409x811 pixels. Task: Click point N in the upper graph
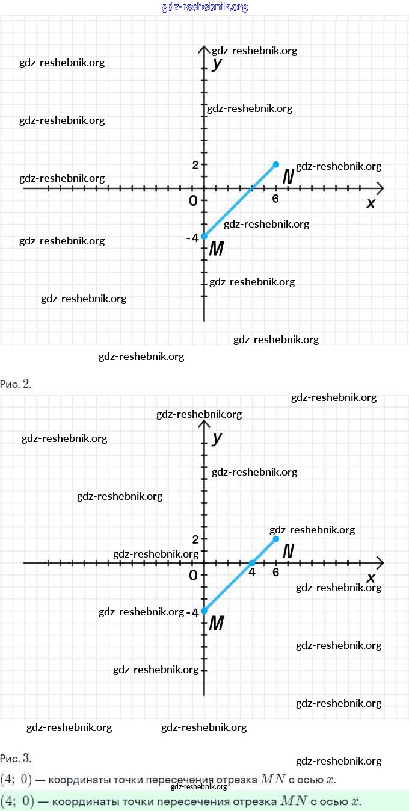[x=276, y=164]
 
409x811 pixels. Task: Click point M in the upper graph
[x=204, y=236]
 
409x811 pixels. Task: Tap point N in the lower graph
[x=276, y=539]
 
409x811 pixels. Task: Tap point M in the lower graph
[x=204, y=611]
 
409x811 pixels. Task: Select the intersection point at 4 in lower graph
[x=252, y=563]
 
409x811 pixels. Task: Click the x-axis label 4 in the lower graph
[x=252, y=573]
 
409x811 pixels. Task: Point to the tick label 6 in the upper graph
[x=275, y=199]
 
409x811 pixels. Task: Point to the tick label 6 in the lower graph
[x=275, y=573]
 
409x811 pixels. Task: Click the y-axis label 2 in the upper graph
[x=195, y=165]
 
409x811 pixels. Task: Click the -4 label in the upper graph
[x=192, y=238]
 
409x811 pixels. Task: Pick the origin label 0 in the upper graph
[x=193, y=201]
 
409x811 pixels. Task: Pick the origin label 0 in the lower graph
[x=193, y=576]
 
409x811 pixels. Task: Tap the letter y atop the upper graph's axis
[x=218, y=63]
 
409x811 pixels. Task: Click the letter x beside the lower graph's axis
[x=371, y=578]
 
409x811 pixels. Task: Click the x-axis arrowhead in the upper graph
[x=379, y=188]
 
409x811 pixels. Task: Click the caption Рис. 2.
[x=16, y=384]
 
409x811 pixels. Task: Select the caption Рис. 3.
[x=16, y=758]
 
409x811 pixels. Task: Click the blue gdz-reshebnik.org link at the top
[x=204, y=7]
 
